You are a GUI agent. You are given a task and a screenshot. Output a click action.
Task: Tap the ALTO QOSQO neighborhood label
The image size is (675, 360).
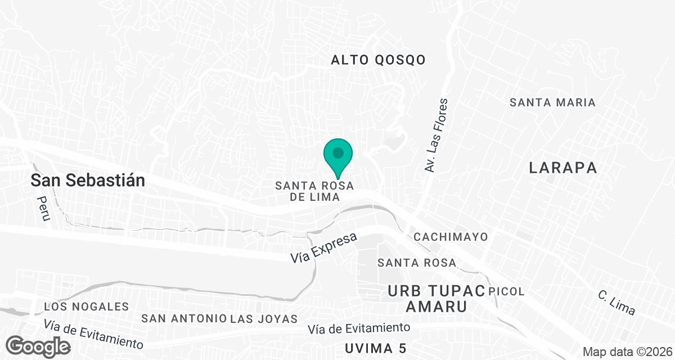coord(378,60)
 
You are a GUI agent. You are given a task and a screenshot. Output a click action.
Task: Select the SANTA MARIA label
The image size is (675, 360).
coord(552,102)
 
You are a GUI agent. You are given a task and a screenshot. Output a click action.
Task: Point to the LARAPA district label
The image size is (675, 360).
coord(562,168)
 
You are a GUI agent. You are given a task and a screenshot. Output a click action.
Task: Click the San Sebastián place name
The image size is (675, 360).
coord(88,181)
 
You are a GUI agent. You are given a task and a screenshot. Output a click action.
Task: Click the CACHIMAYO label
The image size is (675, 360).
coord(451,237)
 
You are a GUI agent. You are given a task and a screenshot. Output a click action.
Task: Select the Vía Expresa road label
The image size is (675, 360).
coord(324,248)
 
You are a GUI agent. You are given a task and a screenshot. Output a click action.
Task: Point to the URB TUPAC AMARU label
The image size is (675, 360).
coord(436,299)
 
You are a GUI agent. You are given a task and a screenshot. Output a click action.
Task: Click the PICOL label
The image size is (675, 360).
coord(507,291)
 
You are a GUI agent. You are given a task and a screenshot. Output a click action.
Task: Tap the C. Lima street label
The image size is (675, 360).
coord(616,303)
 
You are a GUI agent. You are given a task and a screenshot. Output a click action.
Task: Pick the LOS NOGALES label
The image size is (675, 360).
coord(87,307)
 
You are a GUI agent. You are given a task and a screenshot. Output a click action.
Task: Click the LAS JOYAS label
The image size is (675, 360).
coord(263,319)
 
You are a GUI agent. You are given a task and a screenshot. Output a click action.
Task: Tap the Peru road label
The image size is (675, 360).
coord(43,208)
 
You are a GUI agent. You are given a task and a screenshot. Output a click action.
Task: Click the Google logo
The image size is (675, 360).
coord(39,345)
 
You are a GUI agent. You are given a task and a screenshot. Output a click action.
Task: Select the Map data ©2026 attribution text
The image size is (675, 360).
coord(627,352)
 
